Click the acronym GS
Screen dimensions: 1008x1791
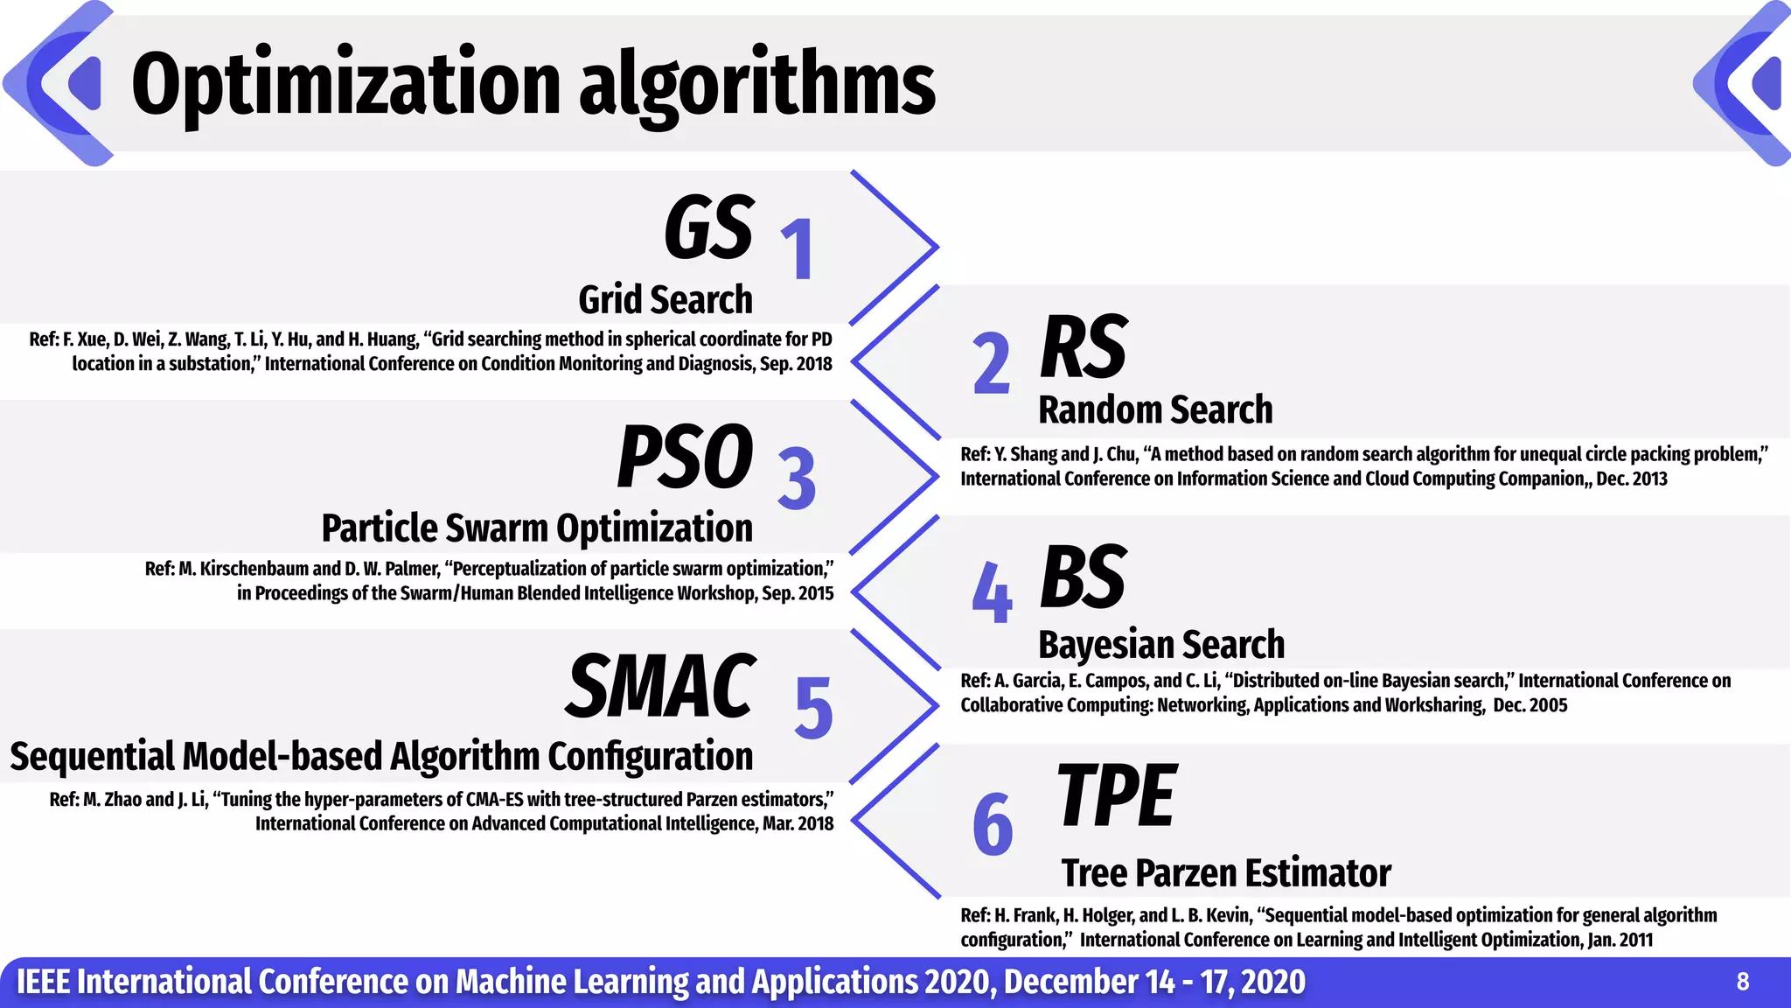click(708, 228)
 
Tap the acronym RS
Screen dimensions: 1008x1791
click(1084, 347)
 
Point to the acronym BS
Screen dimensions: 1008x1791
click(1084, 577)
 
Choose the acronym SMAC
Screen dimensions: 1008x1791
click(660, 687)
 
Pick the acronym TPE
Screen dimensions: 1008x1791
click(1117, 795)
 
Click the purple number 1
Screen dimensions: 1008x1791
click(798, 249)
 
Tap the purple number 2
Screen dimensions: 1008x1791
click(992, 363)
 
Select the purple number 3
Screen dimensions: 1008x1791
click(797, 479)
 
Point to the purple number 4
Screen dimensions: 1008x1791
click(992, 593)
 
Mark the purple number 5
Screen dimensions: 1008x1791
click(813, 708)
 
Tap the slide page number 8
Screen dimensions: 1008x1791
click(1742, 982)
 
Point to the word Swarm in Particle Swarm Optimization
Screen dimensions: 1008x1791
click(497, 528)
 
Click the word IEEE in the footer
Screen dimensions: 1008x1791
click(43, 982)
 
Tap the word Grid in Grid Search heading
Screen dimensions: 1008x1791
click(610, 300)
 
